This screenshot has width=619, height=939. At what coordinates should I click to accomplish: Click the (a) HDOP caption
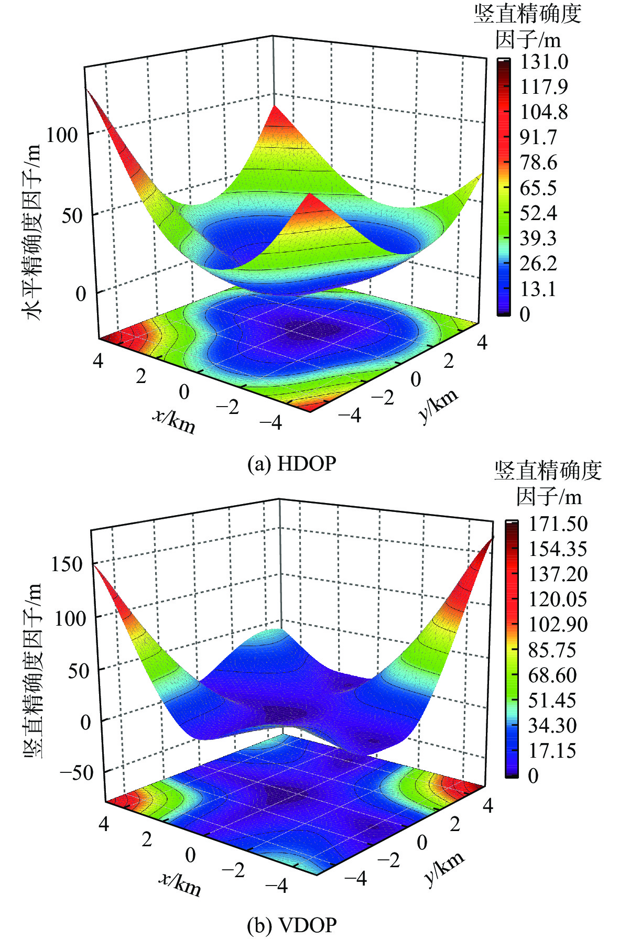click(291, 464)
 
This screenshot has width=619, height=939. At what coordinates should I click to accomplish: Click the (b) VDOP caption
click(291, 925)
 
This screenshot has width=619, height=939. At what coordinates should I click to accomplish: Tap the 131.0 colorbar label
click(544, 62)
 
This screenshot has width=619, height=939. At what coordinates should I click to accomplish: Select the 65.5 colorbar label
click(538, 188)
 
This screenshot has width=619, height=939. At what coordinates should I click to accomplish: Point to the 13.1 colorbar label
click(538, 289)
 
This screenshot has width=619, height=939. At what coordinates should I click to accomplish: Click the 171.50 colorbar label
click(558, 523)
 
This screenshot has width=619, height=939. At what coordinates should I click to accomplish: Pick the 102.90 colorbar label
click(558, 624)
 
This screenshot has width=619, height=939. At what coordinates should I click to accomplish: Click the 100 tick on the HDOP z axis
click(62, 135)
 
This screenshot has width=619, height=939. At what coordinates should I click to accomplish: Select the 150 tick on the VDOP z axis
click(67, 564)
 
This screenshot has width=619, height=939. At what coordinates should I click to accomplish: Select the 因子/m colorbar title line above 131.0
click(528, 39)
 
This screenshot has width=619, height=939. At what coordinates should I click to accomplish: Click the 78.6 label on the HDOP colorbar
click(538, 162)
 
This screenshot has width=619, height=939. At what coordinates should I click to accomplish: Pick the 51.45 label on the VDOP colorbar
click(552, 700)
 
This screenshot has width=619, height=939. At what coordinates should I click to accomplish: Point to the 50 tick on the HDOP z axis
click(72, 215)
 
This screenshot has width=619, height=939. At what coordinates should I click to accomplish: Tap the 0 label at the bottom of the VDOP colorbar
click(533, 776)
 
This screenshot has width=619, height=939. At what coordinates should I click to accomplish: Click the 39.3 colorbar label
click(538, 238)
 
